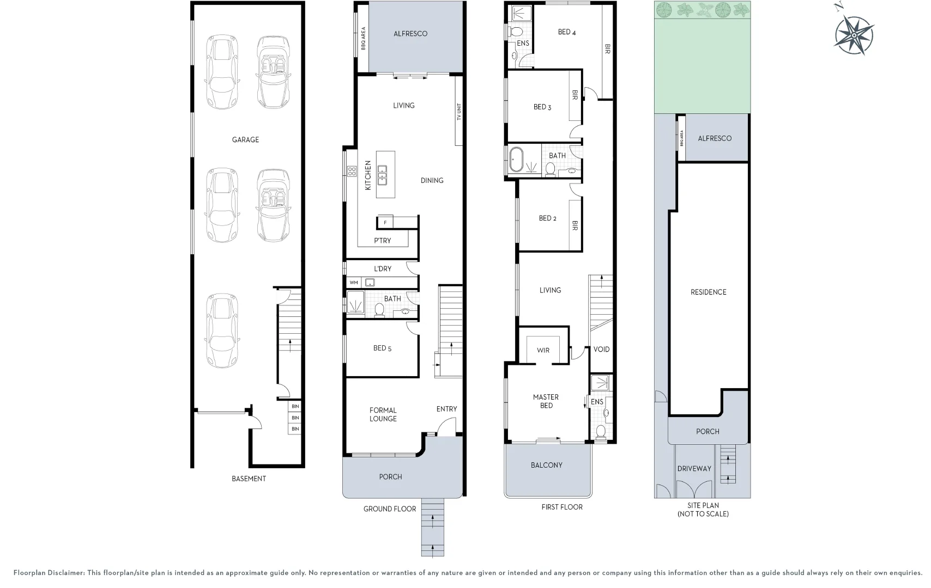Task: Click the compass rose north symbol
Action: click(x=854, y=35)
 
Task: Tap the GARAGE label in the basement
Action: click(x=245, y=140)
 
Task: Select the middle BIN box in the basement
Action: click(x=295, y=418)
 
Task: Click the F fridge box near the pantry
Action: click(x=385, y=223)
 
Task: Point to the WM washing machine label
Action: click(x=354, y=283)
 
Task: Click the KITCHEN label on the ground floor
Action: click(x=368, y=176)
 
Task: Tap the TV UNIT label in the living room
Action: click(x=459, y=112)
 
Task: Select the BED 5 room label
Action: click(x=383, y=348)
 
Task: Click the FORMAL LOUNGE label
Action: click(x=383, y=414)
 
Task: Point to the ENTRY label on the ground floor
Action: click(x=447, y=409)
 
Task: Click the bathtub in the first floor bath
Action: click(x=517, y=160)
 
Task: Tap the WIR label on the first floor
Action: click(x=543, y=351)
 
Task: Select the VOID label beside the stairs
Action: click(x=601, y=350)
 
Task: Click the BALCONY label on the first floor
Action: click(x=547, y=465)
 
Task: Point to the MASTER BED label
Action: click(x=546, y=401)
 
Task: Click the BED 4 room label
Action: click(x=567, y=32)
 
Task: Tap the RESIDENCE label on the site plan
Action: click(x=709, y=292)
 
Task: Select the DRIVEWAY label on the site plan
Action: click(x=694, y=469)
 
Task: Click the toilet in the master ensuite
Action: click(x=601, y=432)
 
